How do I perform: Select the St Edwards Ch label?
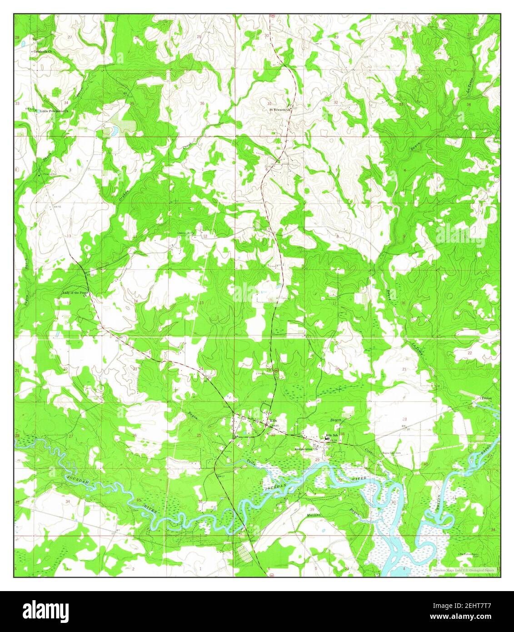[279, 110]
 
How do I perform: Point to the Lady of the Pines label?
[75, 293]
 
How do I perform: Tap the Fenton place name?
[487, 398]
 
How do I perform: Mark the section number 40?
[426, 464]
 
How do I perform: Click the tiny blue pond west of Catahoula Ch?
[23, 44]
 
